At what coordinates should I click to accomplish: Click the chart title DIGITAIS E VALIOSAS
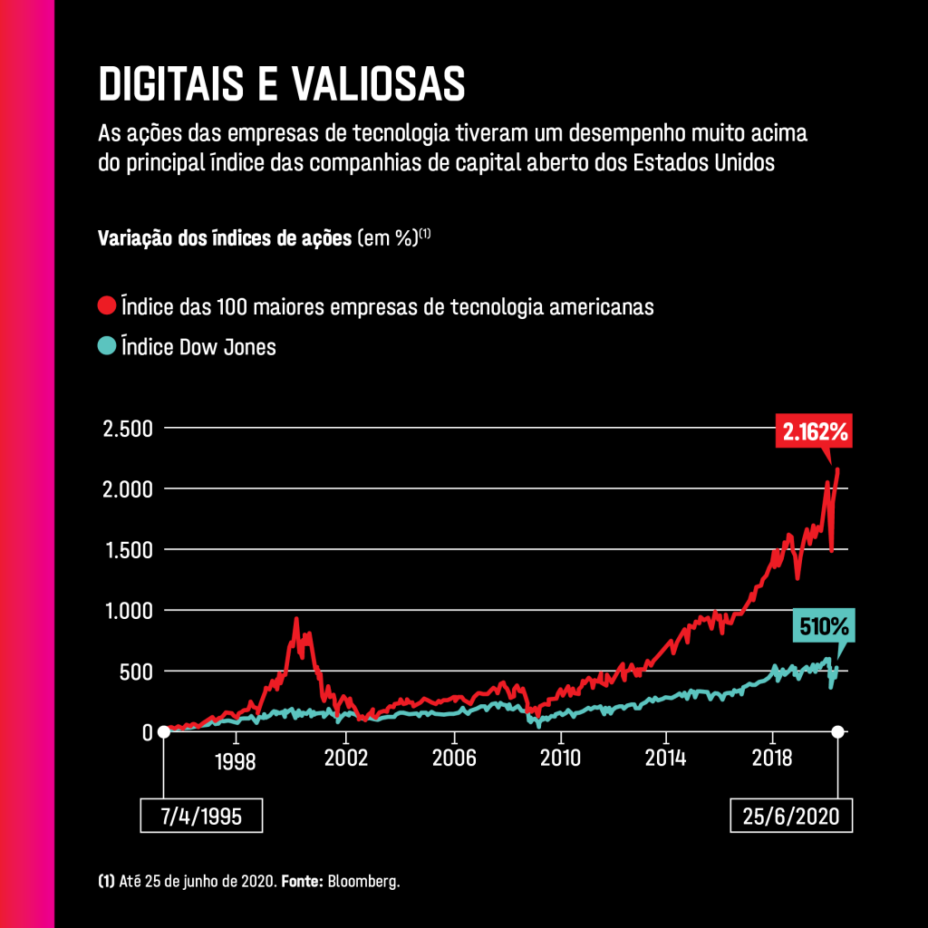click(281, 84)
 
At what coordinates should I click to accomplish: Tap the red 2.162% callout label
click(816, 432)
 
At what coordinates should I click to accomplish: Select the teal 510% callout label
click(822, 626)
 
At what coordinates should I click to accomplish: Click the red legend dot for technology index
click(107, 305)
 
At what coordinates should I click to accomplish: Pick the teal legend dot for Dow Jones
click(107, 345)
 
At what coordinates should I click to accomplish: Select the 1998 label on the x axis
click(236, 760)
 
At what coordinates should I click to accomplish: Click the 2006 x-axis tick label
click(453, 757)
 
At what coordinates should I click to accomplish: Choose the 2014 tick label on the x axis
click(665, 757)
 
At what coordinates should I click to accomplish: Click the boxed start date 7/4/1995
click(200, 815)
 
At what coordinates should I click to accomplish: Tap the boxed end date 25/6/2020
click(791, 815)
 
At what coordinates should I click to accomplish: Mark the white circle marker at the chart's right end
click(838, 731)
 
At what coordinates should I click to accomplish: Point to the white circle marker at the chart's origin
click(164, 731)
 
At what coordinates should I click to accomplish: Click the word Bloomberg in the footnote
click(364, 881)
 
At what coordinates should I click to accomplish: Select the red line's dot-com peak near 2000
click(295, 620)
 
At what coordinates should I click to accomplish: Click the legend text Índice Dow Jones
click(198, 346)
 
